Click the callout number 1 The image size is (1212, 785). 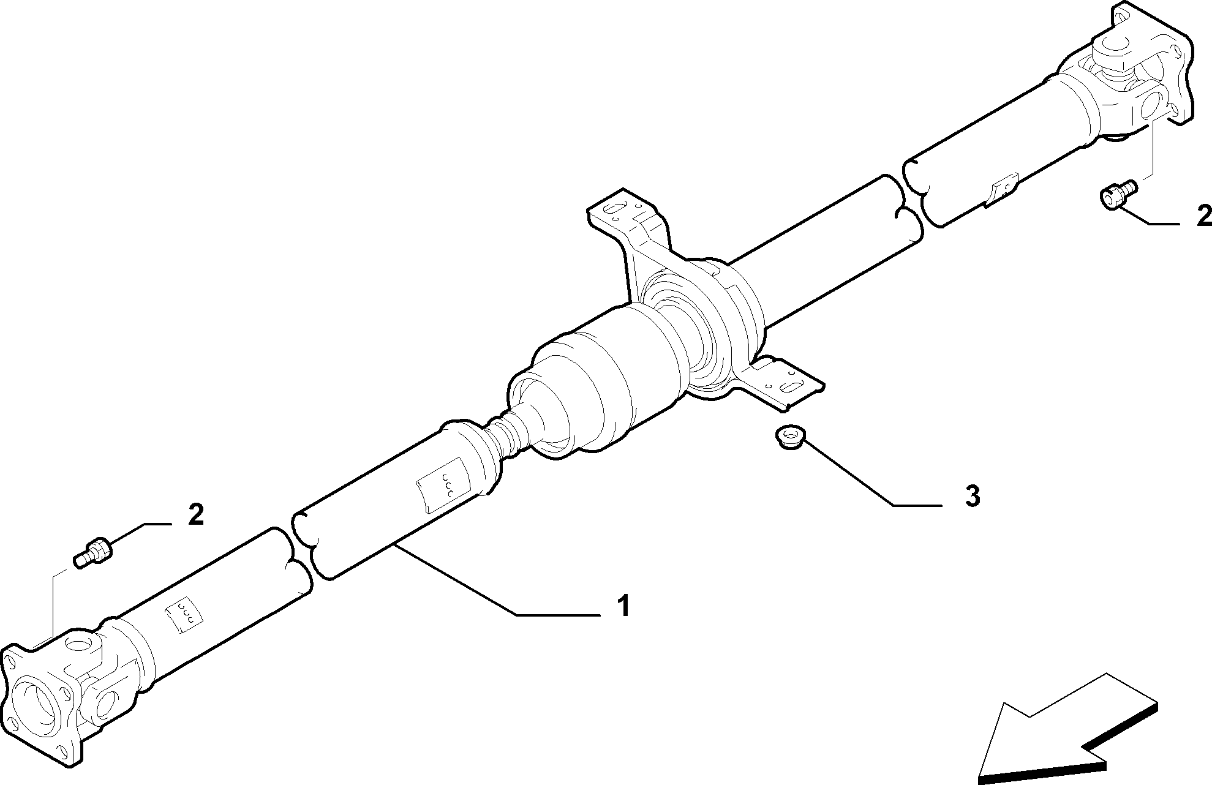coord(623,606)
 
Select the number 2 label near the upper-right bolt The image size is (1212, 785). coord(1204,216)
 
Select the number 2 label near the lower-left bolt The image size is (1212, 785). coord(195,514)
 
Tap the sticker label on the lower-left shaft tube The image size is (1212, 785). coord(184,613)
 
